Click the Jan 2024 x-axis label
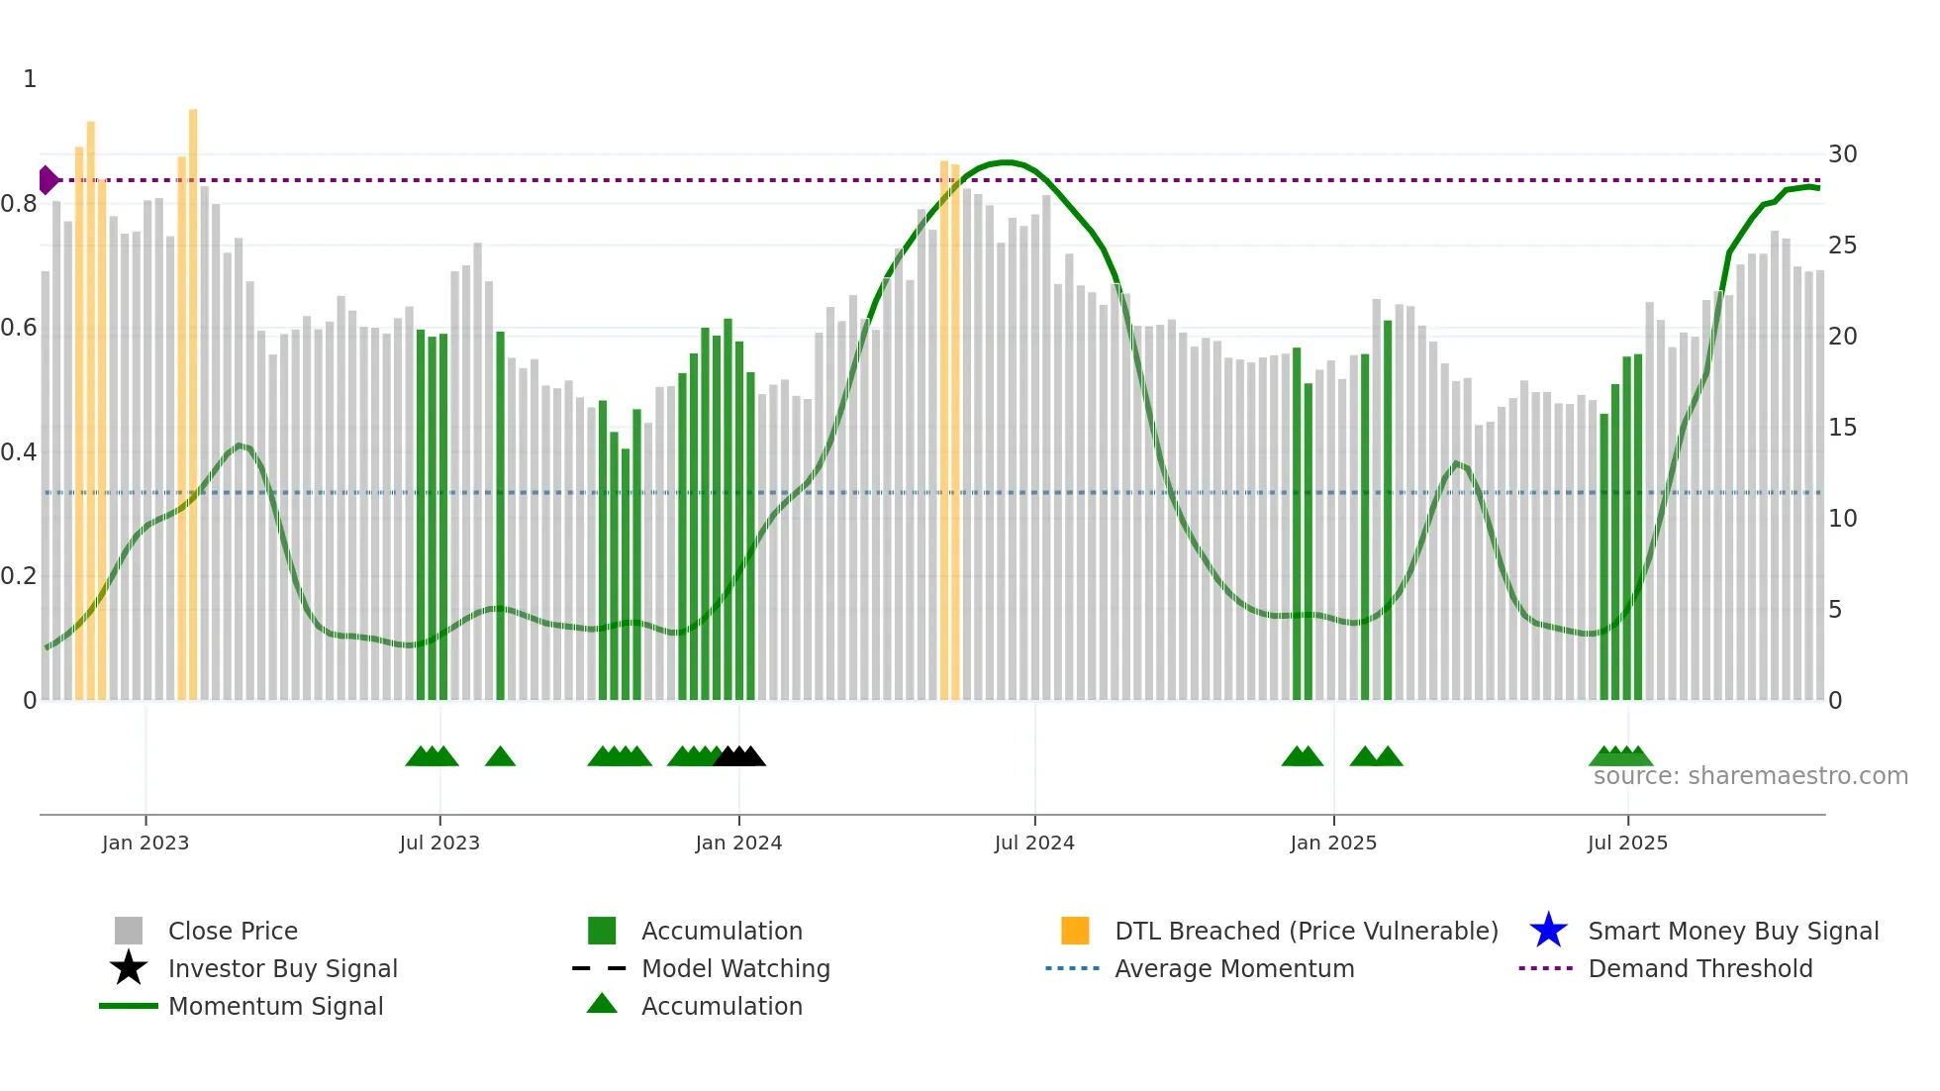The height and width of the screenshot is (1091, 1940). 738,843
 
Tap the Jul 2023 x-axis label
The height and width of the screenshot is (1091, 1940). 439,843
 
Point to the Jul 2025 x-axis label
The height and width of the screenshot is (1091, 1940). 1627,843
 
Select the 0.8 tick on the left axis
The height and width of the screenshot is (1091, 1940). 20,204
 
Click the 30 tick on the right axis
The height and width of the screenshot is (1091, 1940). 1842,154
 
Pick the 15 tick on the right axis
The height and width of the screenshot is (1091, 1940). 1842,428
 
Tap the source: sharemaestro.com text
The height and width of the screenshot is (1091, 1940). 1750,776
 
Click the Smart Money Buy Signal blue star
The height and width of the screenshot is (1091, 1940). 1548,931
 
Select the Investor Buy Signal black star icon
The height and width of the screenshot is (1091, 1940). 129,968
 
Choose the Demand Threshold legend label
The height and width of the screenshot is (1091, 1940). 1699,968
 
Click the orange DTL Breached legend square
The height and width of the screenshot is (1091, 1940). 1075,931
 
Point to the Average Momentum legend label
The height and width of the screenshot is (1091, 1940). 1234,968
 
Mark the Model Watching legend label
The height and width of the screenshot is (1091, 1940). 735,968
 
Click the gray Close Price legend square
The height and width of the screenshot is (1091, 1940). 129,931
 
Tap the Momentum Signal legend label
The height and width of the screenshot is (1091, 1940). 275,1006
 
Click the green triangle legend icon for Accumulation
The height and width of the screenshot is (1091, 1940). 602,1004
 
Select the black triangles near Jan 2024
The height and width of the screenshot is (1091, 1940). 739,756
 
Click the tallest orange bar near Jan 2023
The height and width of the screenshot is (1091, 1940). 193,396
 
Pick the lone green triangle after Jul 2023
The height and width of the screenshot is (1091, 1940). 500,756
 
